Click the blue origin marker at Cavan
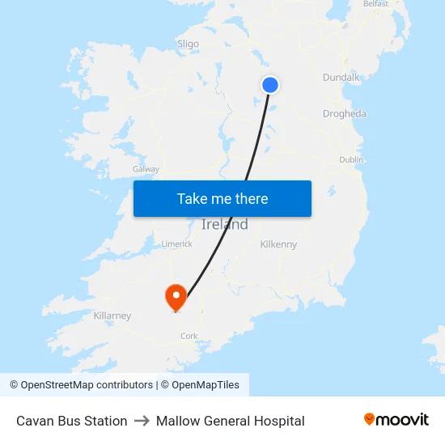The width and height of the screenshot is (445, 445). tap(270, 84)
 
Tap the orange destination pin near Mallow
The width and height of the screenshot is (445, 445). tap(176, 296)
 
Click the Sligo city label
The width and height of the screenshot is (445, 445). tap(188, 44)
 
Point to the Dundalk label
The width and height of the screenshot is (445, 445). tap(341, 77)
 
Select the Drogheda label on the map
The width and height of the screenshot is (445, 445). tap(344, 114)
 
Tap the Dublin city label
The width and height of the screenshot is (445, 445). tap(351, 160)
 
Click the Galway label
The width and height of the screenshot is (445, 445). tap(146, 169)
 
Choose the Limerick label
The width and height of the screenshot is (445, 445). tap(176, 244)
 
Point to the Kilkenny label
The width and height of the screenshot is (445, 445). tap(278, 244)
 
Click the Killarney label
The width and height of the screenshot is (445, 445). tap(112, 316)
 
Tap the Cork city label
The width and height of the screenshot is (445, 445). tap(189, 336)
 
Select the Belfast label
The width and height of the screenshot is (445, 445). tap(376, 4)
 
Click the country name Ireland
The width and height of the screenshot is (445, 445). tap(224, 225)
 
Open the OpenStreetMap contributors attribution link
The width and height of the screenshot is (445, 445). tap(87, 385)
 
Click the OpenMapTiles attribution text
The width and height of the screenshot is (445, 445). tap(205, 385)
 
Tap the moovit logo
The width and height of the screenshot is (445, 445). tap(396, 420)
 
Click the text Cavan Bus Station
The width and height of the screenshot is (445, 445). tap(72, 421)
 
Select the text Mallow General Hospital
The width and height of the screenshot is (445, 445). tap(231, 421)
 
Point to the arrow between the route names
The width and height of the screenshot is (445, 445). tap(142, 421)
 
